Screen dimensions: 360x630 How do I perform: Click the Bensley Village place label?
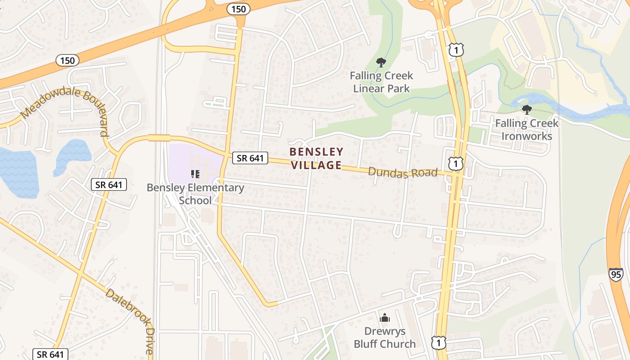(316, 158)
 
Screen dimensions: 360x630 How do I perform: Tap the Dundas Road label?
(403, 172)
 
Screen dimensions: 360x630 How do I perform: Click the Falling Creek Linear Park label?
(382, 82)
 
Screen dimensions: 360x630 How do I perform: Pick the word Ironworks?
(526, 136)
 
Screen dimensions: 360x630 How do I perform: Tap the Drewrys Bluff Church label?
(384, 337)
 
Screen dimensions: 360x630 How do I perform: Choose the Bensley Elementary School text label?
(196, 194)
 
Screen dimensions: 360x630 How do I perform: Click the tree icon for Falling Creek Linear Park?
(381, 62)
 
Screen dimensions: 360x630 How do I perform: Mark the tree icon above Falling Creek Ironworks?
(526, 109)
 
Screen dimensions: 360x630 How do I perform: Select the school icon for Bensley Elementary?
(195, 174)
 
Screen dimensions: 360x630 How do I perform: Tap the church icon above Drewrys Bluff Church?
(385, 318)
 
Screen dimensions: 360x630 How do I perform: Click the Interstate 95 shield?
(616, 274)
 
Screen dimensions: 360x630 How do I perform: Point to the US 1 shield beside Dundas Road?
(456, 164)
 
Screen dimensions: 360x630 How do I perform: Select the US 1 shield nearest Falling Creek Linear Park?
(456, 50)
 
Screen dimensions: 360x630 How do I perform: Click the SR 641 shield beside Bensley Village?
(250, 157)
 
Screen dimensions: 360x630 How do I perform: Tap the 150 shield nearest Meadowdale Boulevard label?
(68, 60)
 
